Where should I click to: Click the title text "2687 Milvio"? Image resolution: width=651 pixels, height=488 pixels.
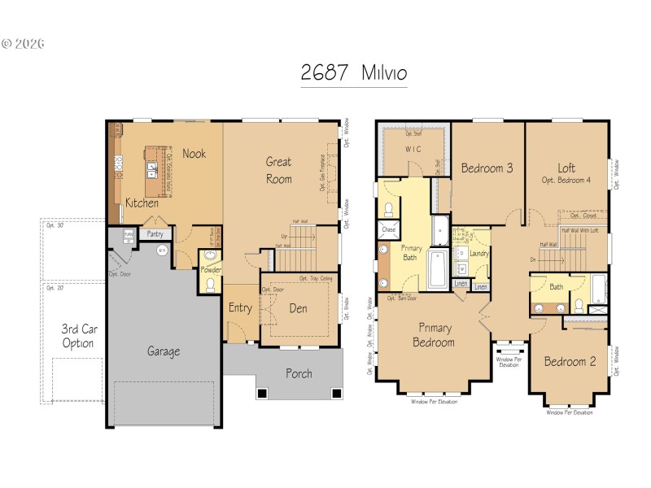click(353, 72)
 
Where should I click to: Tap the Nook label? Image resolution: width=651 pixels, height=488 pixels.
click(194, 153)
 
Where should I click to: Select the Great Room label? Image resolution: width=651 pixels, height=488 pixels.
click(278, 170)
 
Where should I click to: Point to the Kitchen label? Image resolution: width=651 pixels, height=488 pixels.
click(142, 203)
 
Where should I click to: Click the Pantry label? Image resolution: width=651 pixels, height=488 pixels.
click(155, 234)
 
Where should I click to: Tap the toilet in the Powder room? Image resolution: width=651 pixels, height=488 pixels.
click(210, 284)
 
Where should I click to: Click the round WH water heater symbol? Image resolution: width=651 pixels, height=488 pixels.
click(162, 251)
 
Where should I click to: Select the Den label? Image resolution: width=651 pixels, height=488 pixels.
click(298, 308)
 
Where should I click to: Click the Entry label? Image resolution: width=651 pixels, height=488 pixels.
click(240, 307)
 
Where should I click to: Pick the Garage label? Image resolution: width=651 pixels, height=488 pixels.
click(164, 351)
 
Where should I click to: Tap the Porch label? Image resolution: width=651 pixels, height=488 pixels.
click(298, 373)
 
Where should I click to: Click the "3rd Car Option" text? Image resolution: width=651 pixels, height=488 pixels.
click(77, 336)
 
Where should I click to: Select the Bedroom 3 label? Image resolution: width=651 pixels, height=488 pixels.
click(487, 168)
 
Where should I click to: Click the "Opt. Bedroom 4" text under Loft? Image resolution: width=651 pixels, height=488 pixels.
click(566, 180)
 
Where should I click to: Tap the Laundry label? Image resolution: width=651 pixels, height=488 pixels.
click(478, 254)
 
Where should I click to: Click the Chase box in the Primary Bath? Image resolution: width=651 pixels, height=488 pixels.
click(388, 231)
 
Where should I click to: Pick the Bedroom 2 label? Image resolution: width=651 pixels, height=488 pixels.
click(570, 361)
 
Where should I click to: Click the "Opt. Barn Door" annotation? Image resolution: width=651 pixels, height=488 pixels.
click(402, 298)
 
